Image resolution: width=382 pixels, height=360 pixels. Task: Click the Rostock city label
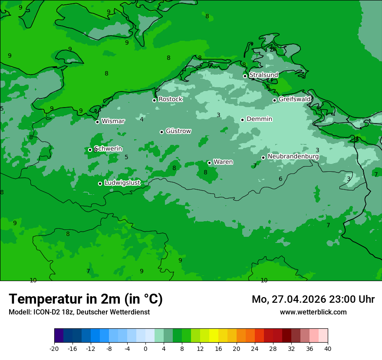tap(170, 99)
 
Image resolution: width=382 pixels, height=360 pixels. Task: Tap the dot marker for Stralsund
tap(245, 76)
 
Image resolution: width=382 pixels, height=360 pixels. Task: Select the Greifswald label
tap(294, 99)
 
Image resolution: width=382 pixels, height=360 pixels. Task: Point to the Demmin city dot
tap(242, 120)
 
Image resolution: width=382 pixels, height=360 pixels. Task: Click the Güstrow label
tap(178, 131)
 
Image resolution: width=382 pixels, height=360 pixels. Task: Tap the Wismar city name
tap(113, 121)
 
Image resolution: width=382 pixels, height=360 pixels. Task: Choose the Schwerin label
tap(108, 149)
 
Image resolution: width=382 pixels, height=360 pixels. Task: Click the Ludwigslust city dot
tap(100, 183)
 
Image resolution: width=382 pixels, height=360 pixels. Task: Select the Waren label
tap(223, 162)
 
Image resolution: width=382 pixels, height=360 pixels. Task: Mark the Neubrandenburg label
tap(293, 157)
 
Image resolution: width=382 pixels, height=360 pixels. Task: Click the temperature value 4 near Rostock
tap(142, 119)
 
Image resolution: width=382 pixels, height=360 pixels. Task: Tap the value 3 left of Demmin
tap(218, 115)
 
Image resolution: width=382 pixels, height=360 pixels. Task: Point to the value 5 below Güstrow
tap(126, 157)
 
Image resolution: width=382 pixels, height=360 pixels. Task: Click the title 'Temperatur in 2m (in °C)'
tap(86, 299)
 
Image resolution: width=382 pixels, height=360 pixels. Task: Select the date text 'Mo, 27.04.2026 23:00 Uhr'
tap(313, 299)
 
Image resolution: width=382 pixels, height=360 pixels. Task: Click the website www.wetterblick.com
tap(313, 312)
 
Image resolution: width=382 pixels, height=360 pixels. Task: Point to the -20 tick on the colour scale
tap(54, 348)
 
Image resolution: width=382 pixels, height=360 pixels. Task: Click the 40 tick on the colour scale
tap(328, 348)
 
